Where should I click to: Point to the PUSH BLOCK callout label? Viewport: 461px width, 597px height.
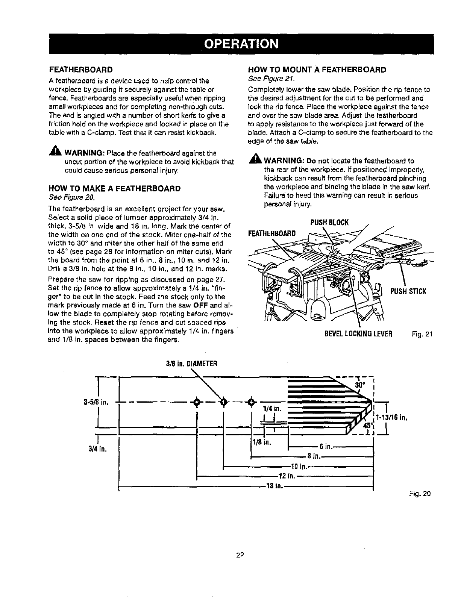[x=330, y=222]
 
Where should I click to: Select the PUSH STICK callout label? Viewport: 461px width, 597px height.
[x=408, y=291]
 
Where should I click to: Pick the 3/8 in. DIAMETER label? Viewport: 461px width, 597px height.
[x=192, y=364]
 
